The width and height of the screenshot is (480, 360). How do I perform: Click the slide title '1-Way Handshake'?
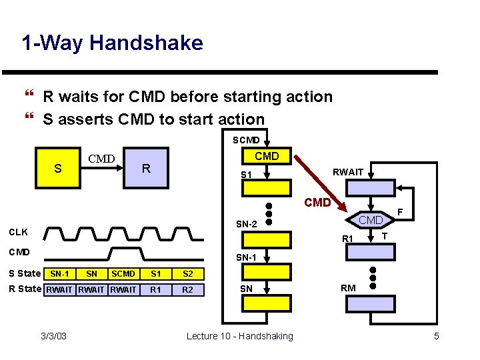(112, 43)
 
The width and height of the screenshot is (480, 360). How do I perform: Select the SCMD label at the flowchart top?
(246, 141)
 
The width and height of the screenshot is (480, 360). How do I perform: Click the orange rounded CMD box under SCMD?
(267, 156)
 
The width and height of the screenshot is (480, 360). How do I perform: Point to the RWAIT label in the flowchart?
(347, 172)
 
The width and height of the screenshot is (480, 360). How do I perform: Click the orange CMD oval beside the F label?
(371, 219)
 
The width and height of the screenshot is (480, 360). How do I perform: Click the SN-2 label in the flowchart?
(247, 225)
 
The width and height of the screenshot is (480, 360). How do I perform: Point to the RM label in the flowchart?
(348, 289)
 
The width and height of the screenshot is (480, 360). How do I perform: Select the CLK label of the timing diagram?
(17, 233)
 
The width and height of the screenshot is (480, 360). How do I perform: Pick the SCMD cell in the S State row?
(123, 274)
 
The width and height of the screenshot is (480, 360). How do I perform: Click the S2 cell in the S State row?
(188, 274)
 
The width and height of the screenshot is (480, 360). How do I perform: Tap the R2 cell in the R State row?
(188, 289)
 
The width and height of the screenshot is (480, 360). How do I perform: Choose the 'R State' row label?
(24, 289)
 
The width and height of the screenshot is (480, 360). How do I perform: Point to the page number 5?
(437, 336)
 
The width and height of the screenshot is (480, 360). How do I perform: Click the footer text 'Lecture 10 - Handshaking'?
(239, 336)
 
